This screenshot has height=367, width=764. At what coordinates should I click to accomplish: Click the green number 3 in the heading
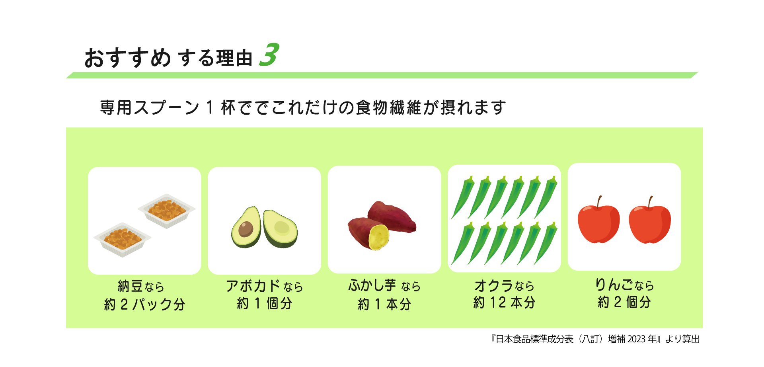pos(269,55)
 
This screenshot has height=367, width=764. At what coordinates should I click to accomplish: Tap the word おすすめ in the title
pos(127,58)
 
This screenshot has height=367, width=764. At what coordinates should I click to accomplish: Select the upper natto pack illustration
pos(167,211)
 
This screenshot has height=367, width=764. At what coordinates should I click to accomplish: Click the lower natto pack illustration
pos(122,239)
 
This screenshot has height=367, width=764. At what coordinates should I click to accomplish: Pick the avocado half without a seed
pos(281,228)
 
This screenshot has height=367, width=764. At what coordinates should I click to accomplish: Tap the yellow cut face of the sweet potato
pos(378,237)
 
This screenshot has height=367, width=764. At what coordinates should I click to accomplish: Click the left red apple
pos(598,224)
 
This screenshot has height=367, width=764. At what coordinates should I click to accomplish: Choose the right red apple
pos(650,224)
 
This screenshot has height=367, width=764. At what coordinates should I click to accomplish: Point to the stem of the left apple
pos(599,202)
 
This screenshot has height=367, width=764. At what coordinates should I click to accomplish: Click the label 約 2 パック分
pos(145,305)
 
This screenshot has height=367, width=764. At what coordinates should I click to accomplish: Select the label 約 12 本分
pos(504,303)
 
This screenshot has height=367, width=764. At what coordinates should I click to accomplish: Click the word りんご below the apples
pos(614,285)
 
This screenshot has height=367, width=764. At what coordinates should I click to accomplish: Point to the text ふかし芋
pos(372,285)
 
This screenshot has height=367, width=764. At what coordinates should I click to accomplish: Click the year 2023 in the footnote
pos(636,339)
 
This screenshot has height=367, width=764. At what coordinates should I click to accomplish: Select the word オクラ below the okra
pos(493,286)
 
